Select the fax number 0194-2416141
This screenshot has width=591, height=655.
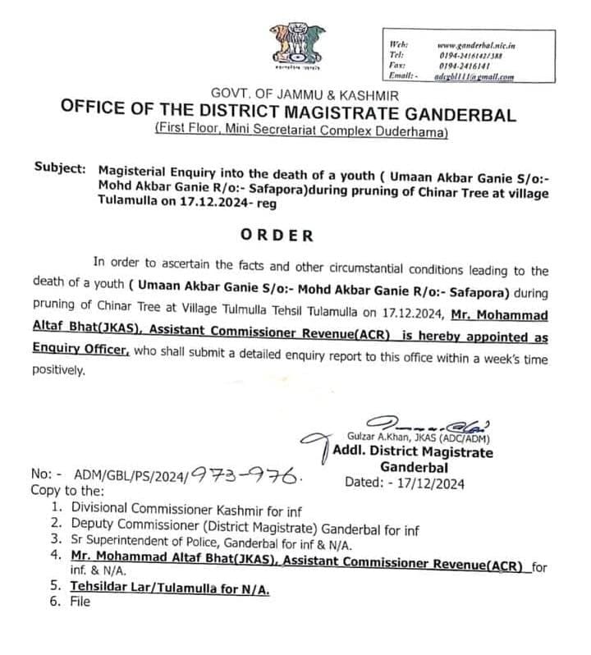tap(465, 65)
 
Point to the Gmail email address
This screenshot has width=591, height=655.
tap(476, 76)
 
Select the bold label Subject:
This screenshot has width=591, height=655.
tap(60, 168)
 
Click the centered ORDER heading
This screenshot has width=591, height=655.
tap(277, 236)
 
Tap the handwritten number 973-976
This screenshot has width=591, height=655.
tap(247, 474)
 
